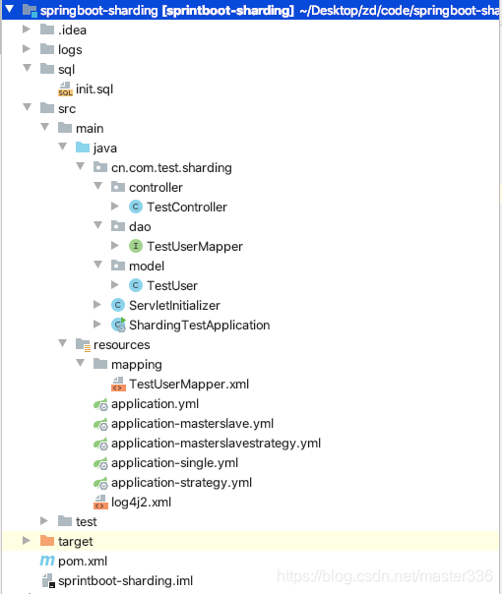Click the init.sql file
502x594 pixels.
pos(94,89)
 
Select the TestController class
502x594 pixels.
pos(187,208)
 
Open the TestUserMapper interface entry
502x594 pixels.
pos(195,247)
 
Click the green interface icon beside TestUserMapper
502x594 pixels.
pos(136,246)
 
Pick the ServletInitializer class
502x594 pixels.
pos(174,305)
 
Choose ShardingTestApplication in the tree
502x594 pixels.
pos(200,326)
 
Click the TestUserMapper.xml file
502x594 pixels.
pos(189,385)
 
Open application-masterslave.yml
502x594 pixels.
pos(192,424)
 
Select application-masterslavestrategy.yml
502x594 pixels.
pos(217,444)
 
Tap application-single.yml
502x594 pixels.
pos(175,463)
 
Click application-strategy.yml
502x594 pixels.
pos(182,483)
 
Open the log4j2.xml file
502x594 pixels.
pos(141,503)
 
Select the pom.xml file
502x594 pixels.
pos(83,561)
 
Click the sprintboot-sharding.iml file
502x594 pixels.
pos(126,581)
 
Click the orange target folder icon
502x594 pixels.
pos(47,541)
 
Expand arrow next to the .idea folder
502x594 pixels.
pos(27,30)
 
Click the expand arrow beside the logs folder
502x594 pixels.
pos(27,49)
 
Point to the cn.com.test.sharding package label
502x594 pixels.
pos(171,168)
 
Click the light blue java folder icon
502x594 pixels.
pos(83,148)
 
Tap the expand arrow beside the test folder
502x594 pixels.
pos(44,521)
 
